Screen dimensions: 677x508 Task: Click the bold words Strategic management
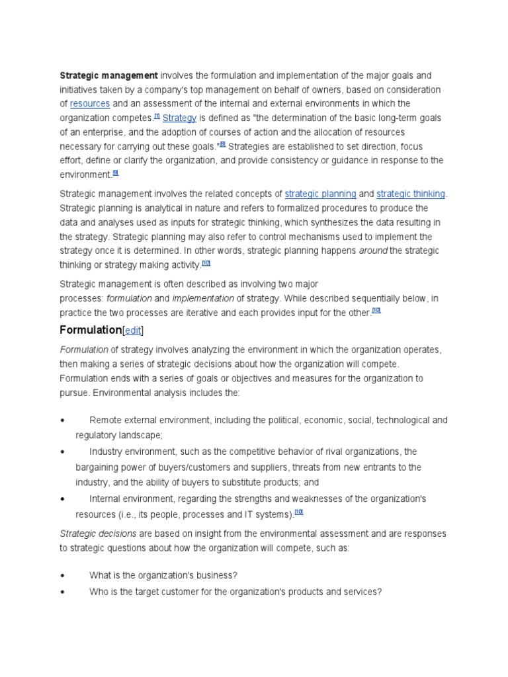tap(108, 75)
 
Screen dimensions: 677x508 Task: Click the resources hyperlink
tap(90, 104)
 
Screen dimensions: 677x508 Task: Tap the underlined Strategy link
tap(179, 118)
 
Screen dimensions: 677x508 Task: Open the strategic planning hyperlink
tap(320, 194)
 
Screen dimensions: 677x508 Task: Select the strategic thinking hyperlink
tap(411, 194)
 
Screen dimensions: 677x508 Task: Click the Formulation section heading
tap(91, 329)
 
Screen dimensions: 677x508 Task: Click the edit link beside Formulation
tap(133, 330)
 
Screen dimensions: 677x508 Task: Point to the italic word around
tap(373, 251)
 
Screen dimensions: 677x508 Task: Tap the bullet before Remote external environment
tap(62, 420)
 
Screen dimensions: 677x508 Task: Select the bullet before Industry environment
tap(62, 452)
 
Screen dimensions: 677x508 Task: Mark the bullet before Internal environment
tap(62, 499)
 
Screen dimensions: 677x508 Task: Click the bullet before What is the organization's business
tap(62, 576)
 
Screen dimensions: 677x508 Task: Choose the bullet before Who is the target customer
tap(62, 592)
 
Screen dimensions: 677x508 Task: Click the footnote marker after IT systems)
tap(299, 512)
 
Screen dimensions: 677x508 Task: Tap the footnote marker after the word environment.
tap(115, 173)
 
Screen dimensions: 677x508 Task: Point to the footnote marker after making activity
tap(206, 263)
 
